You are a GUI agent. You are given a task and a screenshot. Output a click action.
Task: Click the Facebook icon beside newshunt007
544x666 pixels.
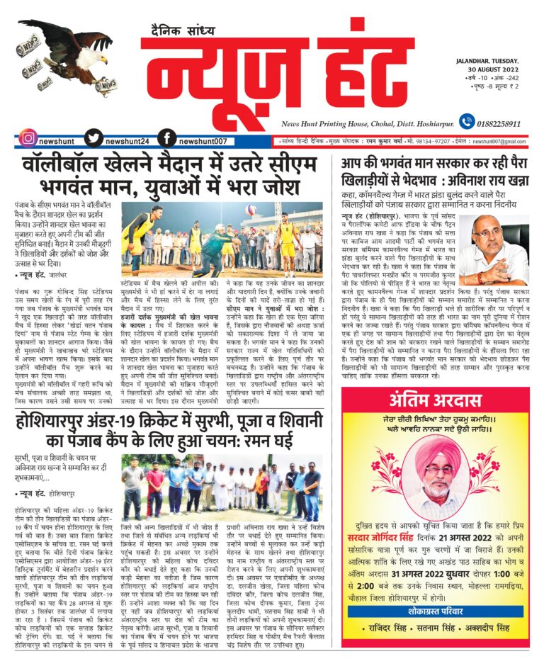167,140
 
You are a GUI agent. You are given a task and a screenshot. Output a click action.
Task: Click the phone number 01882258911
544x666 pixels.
504,123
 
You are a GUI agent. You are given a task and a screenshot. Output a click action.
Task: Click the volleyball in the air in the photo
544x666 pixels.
251,210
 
